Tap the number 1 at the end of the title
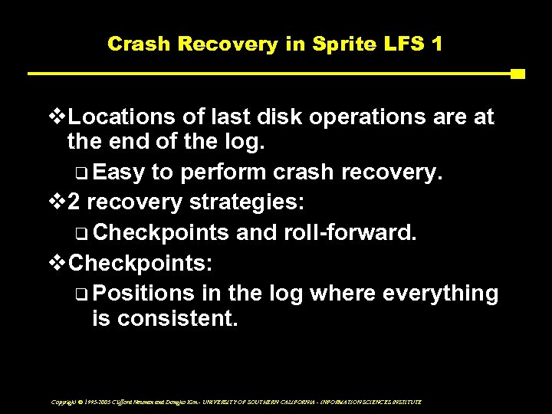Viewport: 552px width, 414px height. click(x=437, y=44)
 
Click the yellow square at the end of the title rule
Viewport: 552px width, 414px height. click(x=517, y=74)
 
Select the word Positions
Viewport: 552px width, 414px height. click(x=149, y=292)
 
